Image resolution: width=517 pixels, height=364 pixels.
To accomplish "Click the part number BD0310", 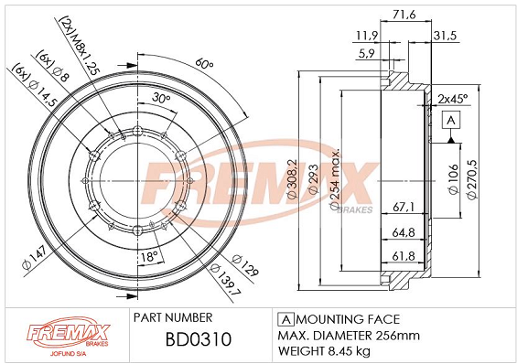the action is click(199, 339).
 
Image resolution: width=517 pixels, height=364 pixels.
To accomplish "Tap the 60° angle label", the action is click(204, 64).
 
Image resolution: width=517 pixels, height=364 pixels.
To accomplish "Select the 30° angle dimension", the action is click(161, 98).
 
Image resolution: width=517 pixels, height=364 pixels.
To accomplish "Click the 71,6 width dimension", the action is click(404, 15).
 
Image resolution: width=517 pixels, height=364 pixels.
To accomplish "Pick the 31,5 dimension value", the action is click(445, 36).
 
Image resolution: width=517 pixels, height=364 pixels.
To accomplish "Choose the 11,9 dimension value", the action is click(367, 36).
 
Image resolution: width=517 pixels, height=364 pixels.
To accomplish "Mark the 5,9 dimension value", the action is click(367, 53).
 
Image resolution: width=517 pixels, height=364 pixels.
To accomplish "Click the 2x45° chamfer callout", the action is click(453, 99).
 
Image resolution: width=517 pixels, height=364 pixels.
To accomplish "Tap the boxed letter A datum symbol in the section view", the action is click(451, 120).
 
